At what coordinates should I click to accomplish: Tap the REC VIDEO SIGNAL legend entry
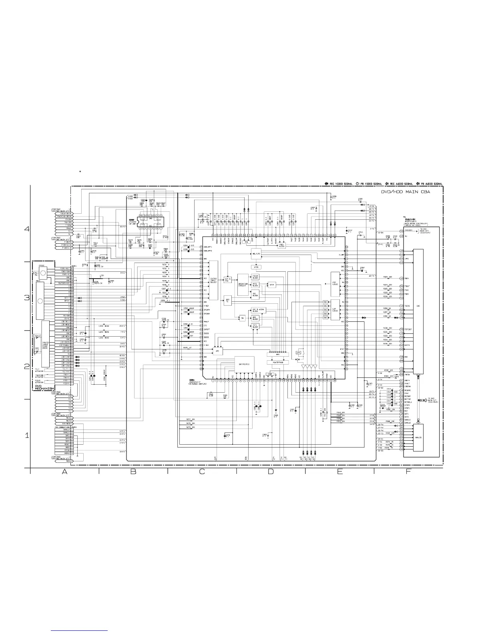[338, 184]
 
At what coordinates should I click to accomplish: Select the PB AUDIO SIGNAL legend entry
[430, 184]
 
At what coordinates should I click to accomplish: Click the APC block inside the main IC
[217, 351]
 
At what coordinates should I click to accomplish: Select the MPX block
[277, 355]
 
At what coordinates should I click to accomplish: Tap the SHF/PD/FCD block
[244, 365]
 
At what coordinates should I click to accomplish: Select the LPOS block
[256, 267]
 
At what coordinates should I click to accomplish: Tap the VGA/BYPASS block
[277, 362]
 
